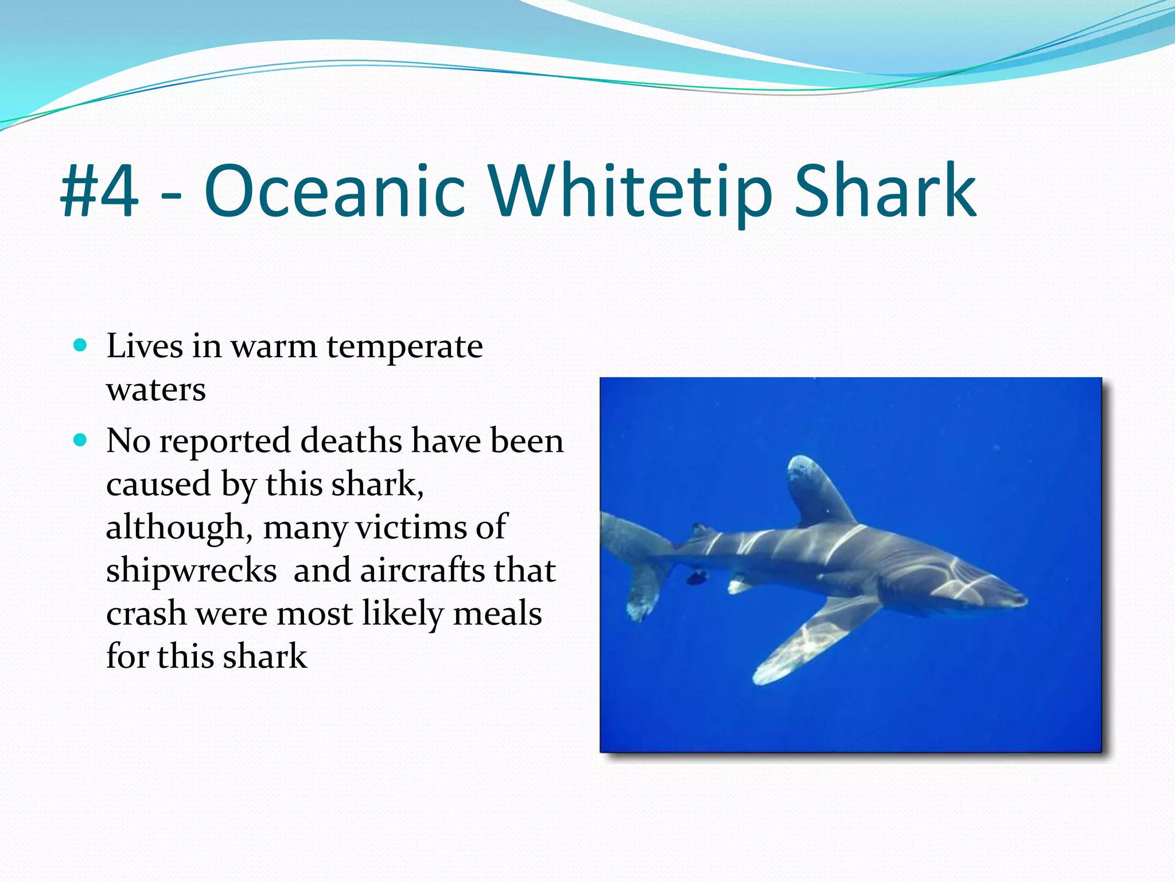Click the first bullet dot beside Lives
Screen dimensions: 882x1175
(x=80, y=346)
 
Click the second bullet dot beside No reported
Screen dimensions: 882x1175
(x=80, y=440)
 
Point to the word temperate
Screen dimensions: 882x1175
(x=404, y=347)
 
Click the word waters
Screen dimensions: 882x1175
(x=155, y=390)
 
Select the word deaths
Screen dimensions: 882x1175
(x=351, y=441)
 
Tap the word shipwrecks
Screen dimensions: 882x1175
(x=191, y=571)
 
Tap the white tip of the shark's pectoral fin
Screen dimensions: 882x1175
(x=772, y=672)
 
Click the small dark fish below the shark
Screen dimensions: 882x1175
(x=696, y=578)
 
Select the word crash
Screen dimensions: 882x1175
(x=146, y=613)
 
